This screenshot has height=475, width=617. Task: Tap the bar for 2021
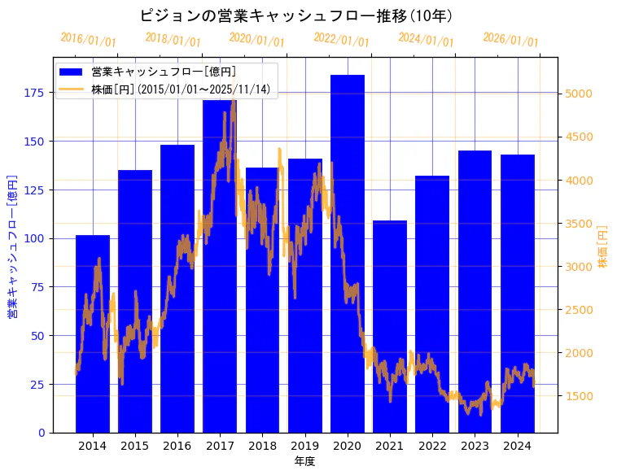pos(390,325)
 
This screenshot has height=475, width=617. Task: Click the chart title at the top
pos(296,15)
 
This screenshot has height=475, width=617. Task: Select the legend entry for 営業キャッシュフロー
pos(164,72)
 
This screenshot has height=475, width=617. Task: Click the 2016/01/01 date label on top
pos(89,40)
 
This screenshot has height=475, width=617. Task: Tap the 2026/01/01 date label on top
pos(510,40)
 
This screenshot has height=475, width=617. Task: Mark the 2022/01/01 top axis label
pos(341,40)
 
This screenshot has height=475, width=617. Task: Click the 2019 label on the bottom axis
pos(304,445)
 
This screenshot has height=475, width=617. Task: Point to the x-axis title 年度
pos(304,461)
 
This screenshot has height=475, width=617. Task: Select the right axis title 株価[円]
pos(603,246)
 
